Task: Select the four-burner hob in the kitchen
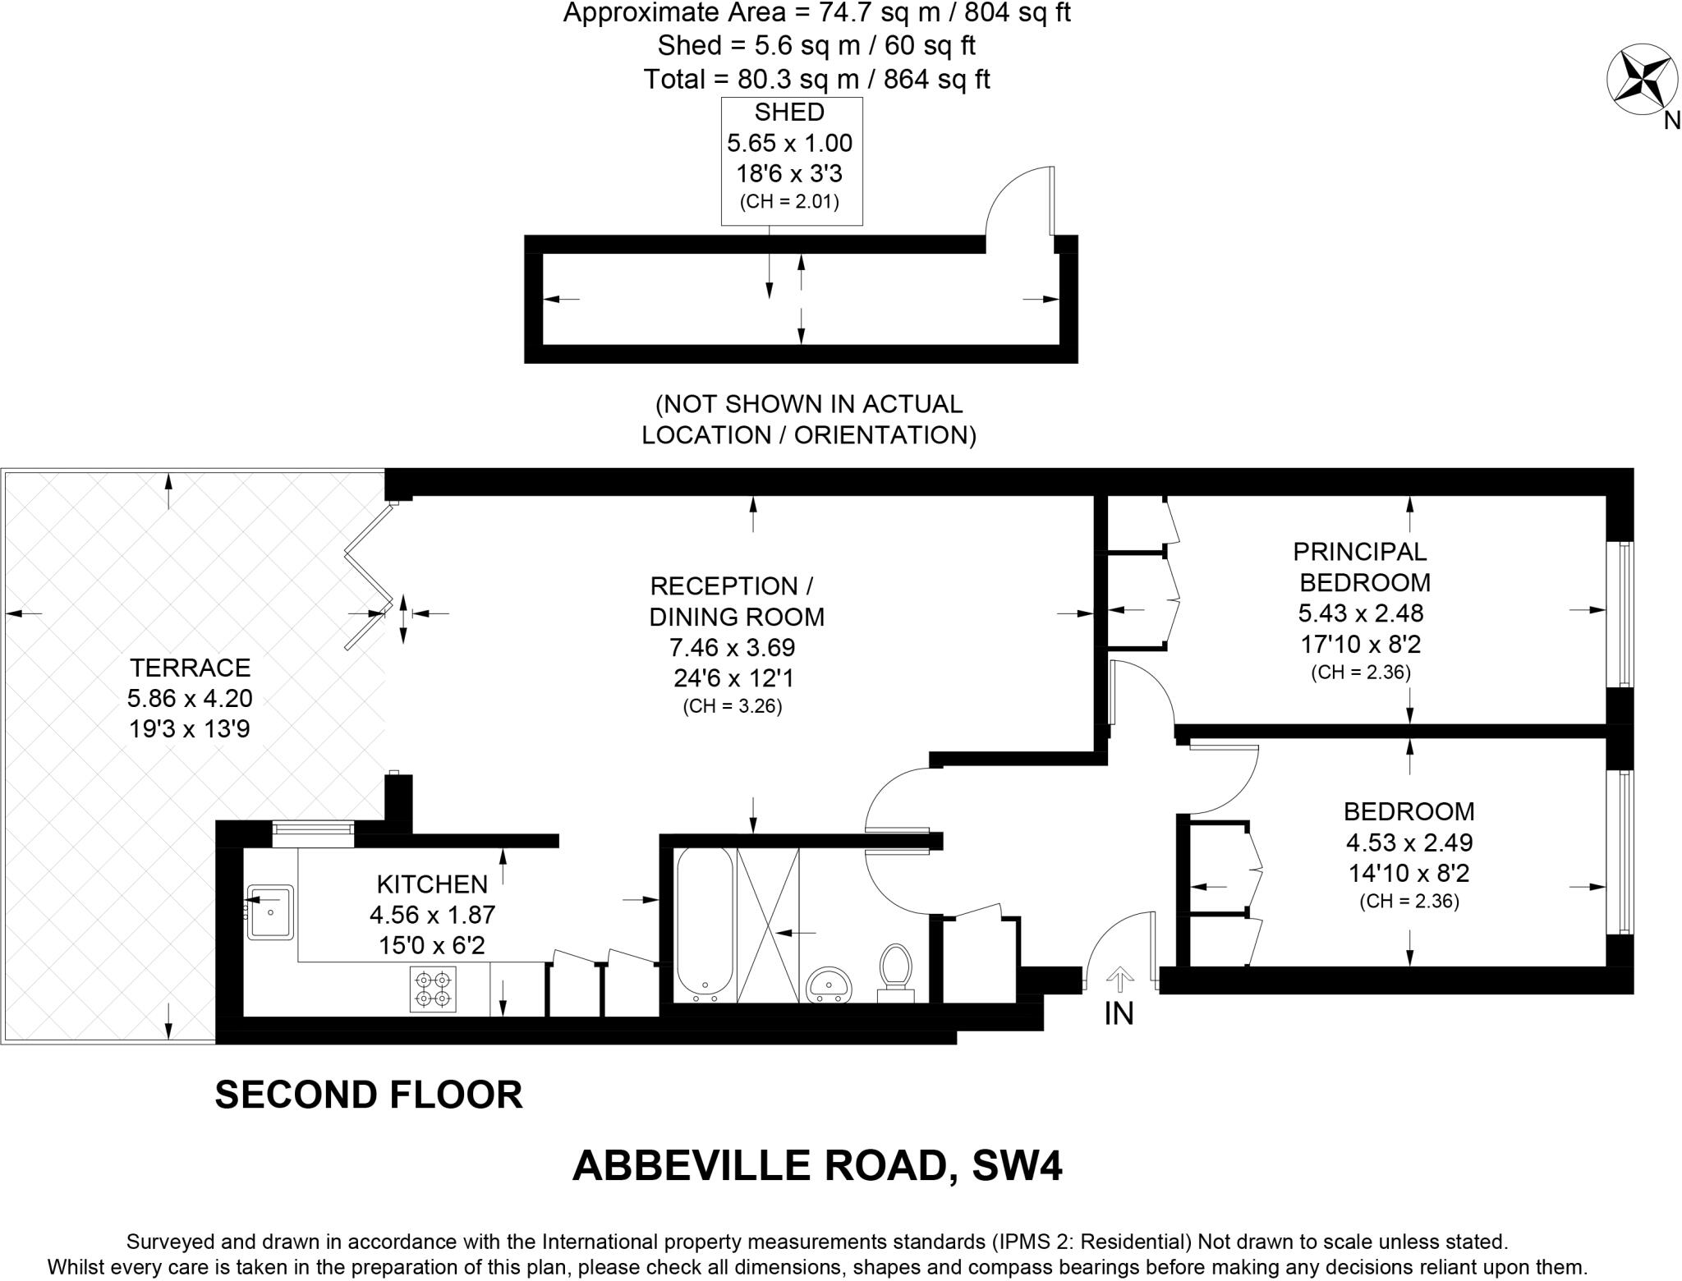pyautogui.click(x=433, y=989)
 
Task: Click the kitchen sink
pyautogui.click(x=271, y=911)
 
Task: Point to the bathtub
pyautogui.click(x=703, y=924)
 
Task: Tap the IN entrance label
pyautogui.click(x=1119, y=1015)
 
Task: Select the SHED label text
pyautogui.click(x=789, y=112)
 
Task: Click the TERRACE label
pyautogui.click(x=190, y=667)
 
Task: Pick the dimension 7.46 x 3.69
pyautogui.click(x=733, y=648)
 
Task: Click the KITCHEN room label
pyautogui.click(x=432, y=884)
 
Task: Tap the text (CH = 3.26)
pyautogui.click(x=733, y=706)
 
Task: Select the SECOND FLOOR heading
pyautogui.click(x=369, y=1095)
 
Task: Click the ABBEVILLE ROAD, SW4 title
pyautogui.click(x=817, y=1165)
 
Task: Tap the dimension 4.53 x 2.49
pyautogui.click(x=1409, y=843)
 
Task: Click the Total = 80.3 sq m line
pyautogui.click(x=817, y=80)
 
